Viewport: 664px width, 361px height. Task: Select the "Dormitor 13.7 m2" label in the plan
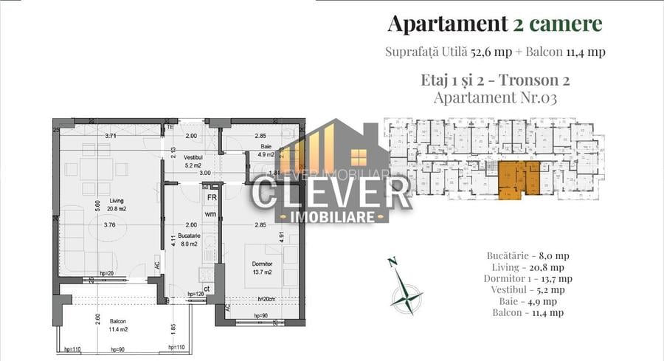(x=262, y=268)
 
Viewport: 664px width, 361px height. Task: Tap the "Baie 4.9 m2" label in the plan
(x=266, y=151)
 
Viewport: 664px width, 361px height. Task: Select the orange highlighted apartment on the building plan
(x=517, y=179)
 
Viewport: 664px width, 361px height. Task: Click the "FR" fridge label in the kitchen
(x=211, y=198)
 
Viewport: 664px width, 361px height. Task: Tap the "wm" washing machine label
(x=210, y=214)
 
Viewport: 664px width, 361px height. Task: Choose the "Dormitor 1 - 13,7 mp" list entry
(x=528, y=278)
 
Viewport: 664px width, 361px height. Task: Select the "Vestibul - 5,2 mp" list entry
(x=528, y=290)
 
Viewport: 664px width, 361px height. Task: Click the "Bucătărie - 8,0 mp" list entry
(x=528, y=255)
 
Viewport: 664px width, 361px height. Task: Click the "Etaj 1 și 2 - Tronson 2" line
(x=494, y=79)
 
